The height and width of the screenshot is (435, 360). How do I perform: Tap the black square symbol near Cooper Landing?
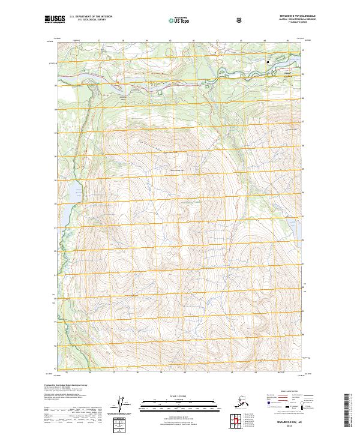[x=268, y=62]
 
